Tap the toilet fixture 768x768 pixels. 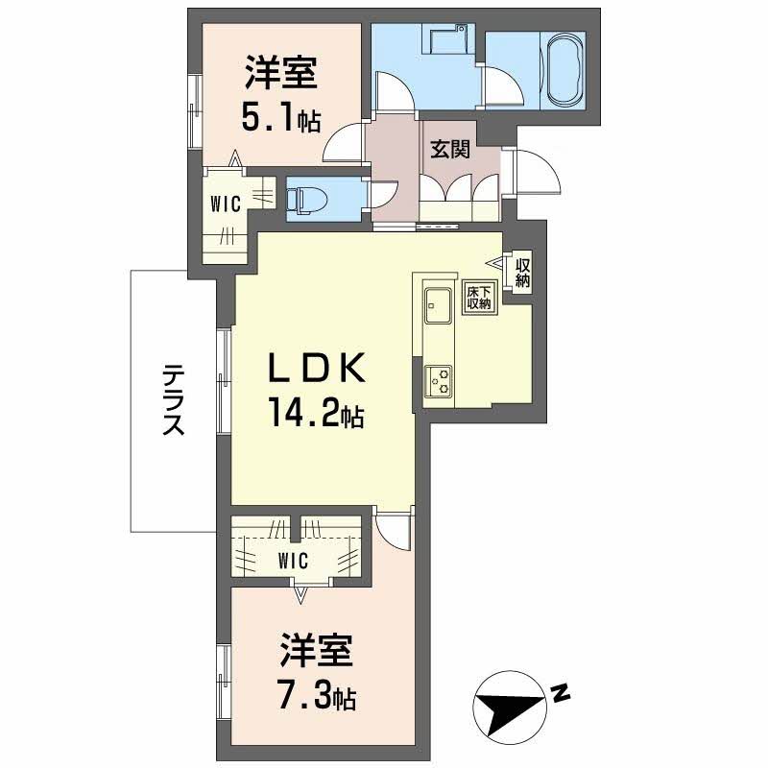point(300,200)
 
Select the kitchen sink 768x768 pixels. point(438,305)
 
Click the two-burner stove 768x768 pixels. point(438,381)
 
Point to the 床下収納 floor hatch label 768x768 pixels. point(478,297)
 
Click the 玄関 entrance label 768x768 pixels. point(450,150)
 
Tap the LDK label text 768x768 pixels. point(317,368)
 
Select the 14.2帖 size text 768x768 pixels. point(316,415)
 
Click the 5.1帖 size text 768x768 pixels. point(281,118)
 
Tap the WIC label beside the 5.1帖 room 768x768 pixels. point(226,204)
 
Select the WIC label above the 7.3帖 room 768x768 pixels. point(293,561)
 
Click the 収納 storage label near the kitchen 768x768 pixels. point(522,273)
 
